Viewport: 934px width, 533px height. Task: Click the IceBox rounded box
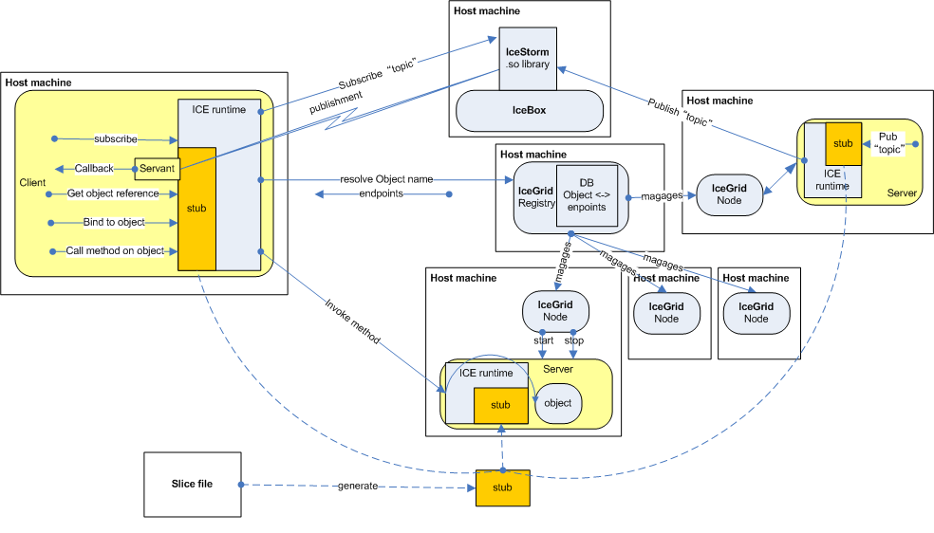click(x=529, y=110)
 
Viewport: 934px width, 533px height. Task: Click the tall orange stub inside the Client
click(x=197, y=207)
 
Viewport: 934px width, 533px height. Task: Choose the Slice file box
click(x=192, y=484)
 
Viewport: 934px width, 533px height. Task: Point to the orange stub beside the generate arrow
click(x=501, y=487)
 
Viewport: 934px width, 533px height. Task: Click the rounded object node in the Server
click(x=558, y=403)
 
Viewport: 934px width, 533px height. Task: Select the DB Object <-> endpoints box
click(x=586, y=194)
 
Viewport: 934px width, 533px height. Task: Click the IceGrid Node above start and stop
click(x=555, y=311)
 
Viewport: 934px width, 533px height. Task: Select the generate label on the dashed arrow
click(x=360, y=486)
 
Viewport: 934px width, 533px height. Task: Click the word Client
click(x=32, y=181)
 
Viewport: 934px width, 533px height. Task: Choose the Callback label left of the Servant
click(x=95, y=168)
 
